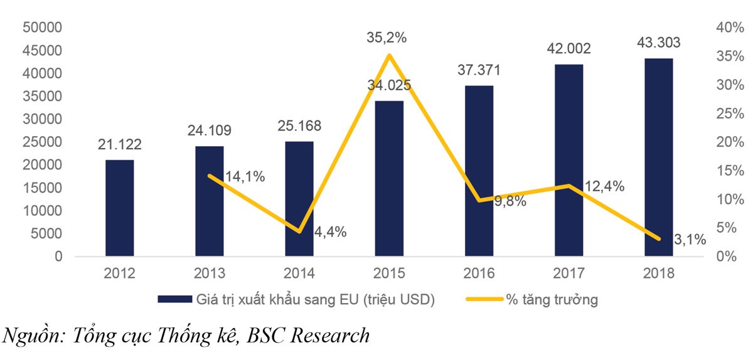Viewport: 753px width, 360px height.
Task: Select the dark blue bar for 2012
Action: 119,208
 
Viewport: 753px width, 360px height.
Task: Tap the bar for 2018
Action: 658,157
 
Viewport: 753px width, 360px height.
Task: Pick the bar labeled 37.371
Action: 479,171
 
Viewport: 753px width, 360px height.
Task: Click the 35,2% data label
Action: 387,38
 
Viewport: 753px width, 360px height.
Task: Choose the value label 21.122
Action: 119,145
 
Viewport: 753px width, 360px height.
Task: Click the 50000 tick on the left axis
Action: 42,28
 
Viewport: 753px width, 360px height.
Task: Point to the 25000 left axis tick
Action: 42,142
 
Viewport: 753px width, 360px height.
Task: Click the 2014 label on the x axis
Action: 299,273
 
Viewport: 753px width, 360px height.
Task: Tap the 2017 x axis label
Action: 569,273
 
